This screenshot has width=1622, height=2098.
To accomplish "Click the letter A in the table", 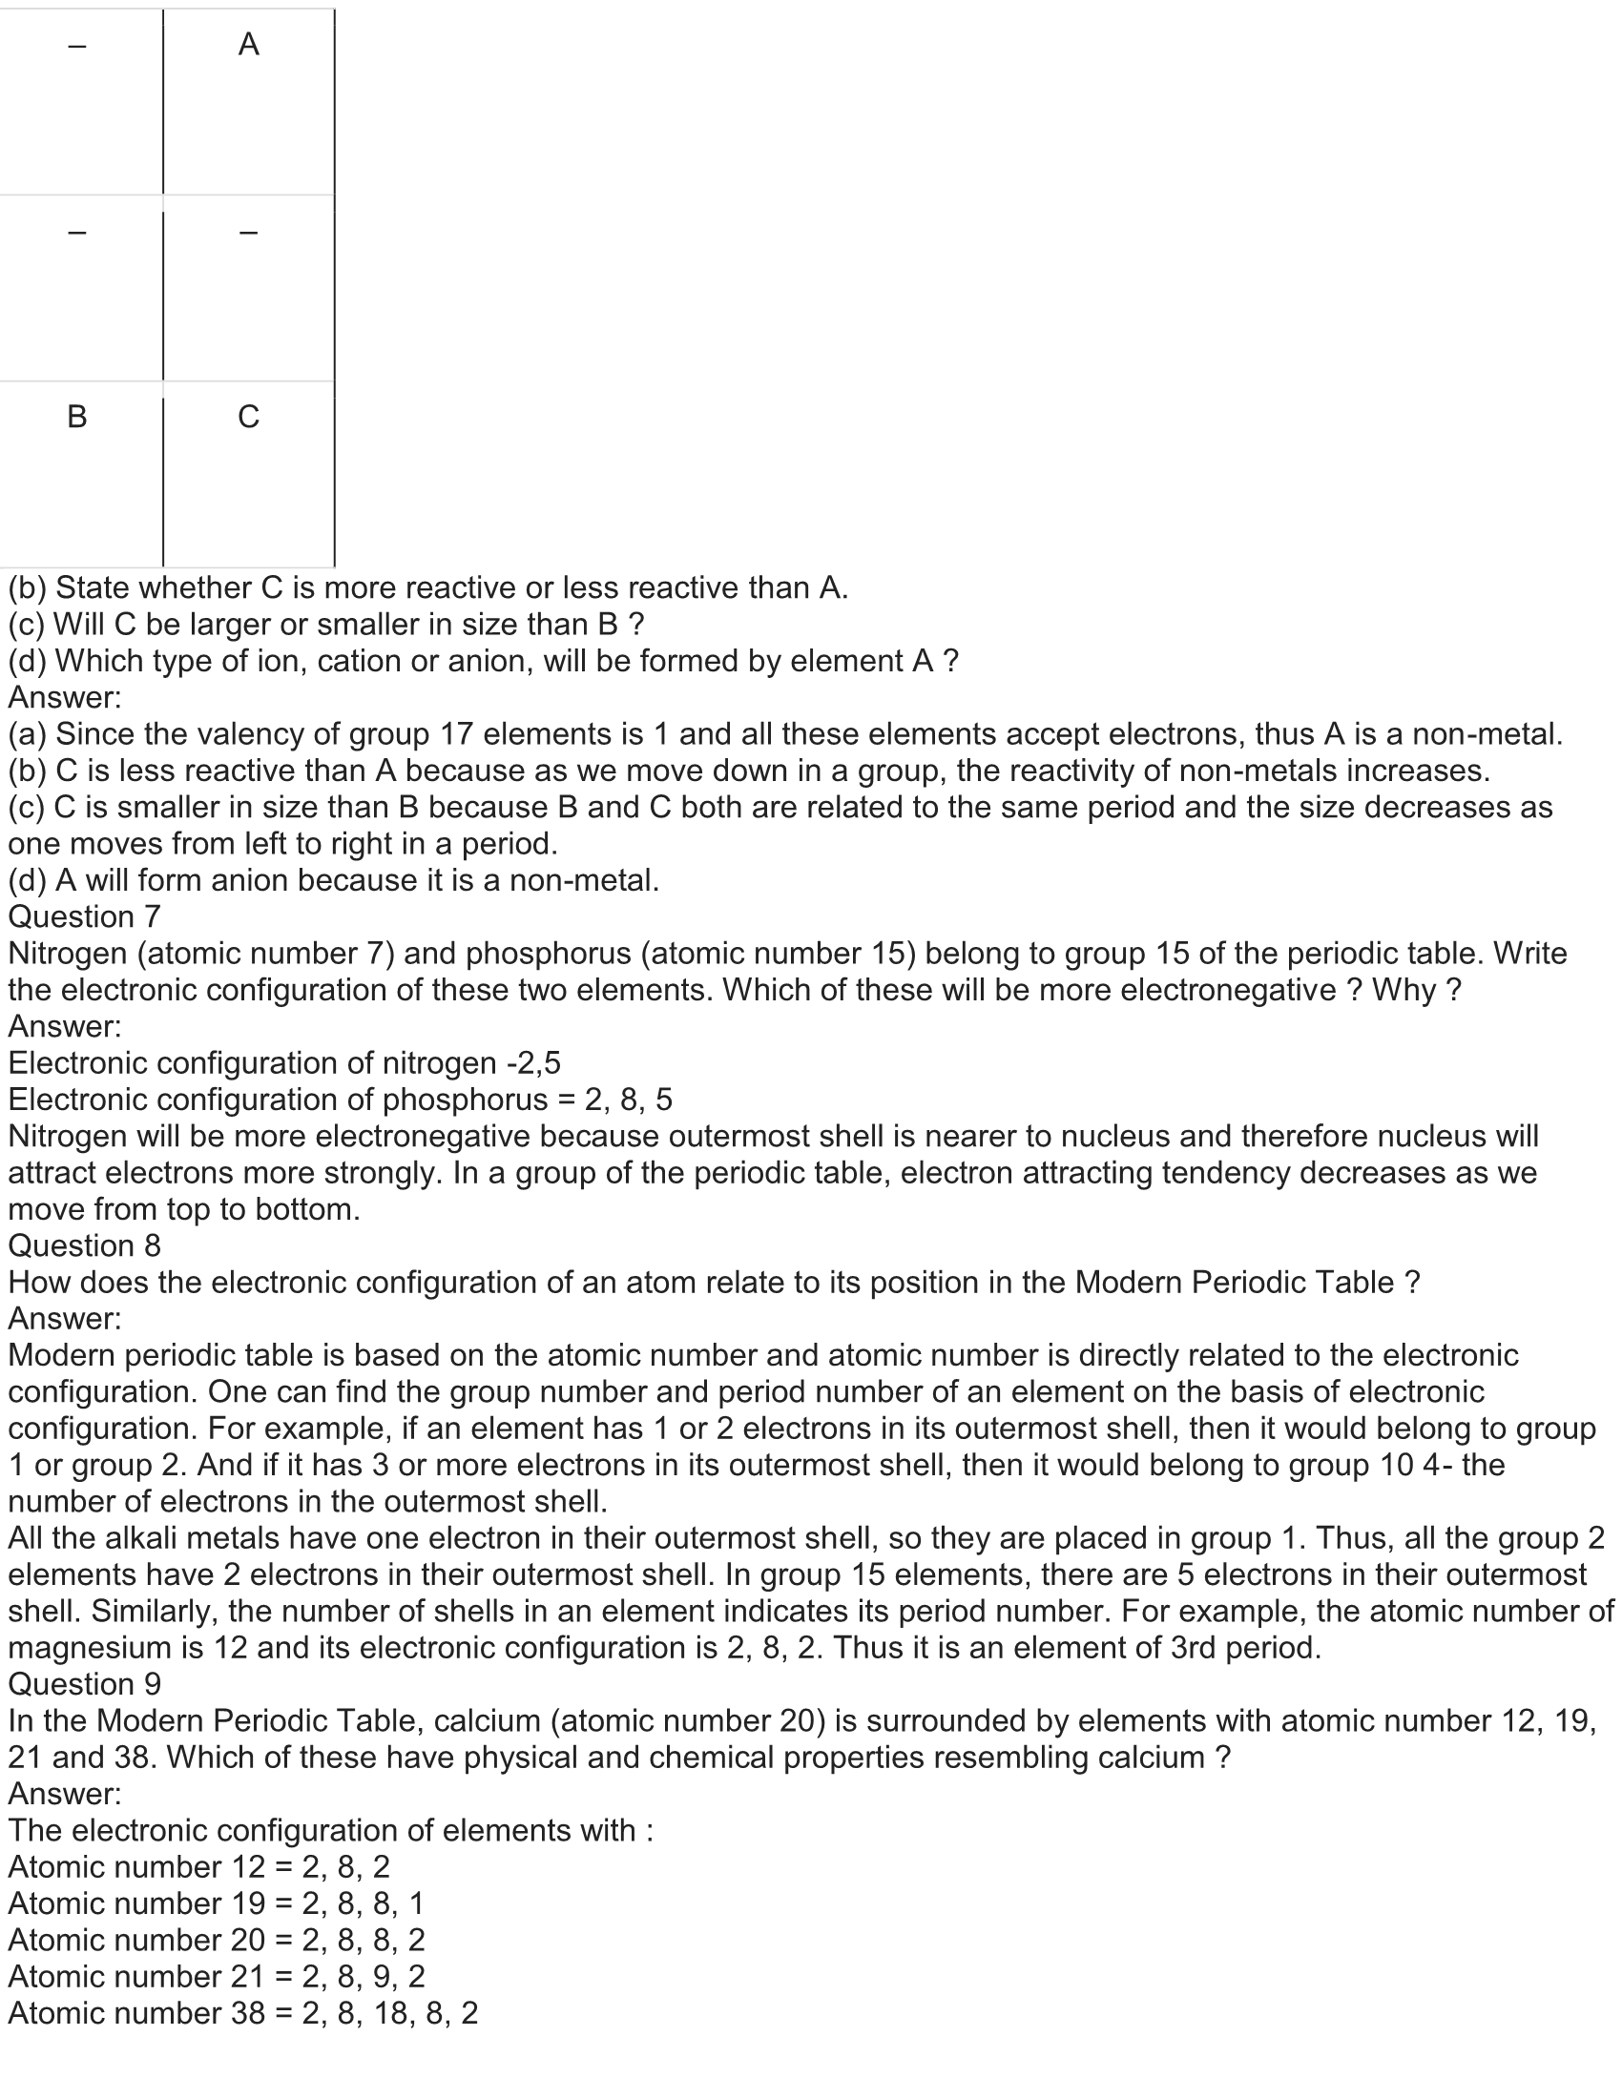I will [248, 44].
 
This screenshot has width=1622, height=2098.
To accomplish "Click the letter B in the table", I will [77, 417].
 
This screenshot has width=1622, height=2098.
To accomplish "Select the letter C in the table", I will [248, 417].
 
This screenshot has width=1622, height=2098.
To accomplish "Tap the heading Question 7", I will [84, 917].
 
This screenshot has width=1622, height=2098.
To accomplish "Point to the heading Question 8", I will [84, 1246].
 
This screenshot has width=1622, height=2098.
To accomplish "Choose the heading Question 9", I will [84, 1684].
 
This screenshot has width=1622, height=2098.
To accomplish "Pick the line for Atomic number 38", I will [242, 2012].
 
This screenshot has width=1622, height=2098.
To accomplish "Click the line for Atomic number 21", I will [217, 1976].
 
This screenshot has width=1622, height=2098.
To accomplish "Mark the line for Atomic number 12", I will [198, 1866].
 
